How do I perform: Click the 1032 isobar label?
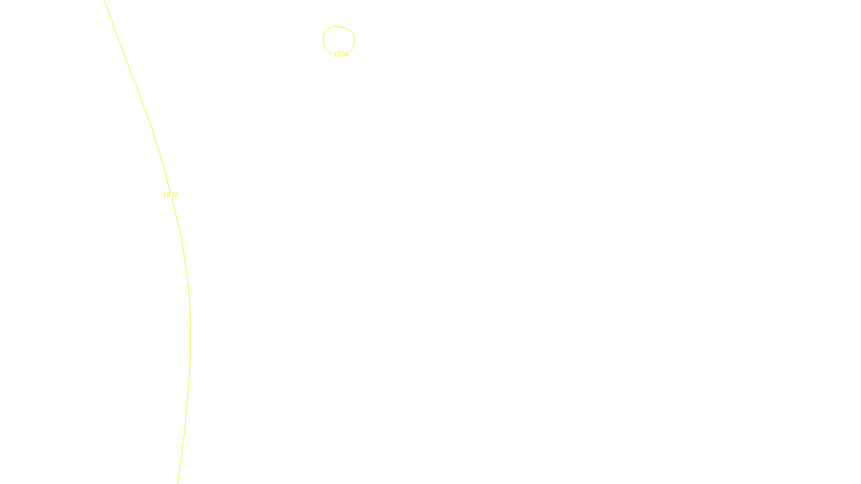pos(171,195)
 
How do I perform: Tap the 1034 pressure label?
pos(341,54)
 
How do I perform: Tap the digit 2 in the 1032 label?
pos(176,195)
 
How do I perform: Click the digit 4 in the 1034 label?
pos(347,54)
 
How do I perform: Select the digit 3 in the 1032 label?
pos(172,195)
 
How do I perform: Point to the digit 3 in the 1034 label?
pos(343,54)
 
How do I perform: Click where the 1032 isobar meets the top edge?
pos(104,1)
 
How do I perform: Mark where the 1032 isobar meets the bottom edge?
pos(178,483)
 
